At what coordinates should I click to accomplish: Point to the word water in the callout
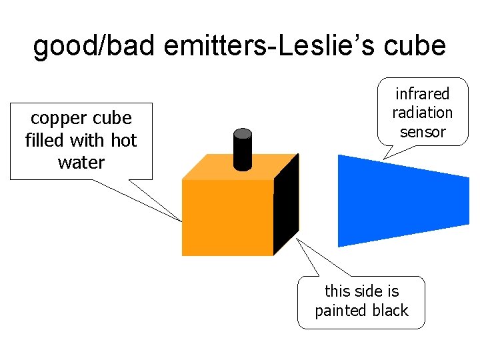coord(81,162)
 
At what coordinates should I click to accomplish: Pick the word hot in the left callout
coord(124,141)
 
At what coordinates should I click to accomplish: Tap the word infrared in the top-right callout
coord(423,93)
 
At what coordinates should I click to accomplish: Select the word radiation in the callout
coord(423,112)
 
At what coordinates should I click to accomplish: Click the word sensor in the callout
coord(423,131)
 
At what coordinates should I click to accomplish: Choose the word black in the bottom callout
coord(389,311)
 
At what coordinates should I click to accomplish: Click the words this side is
coord(361,291)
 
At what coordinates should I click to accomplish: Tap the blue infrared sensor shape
coord(400,200)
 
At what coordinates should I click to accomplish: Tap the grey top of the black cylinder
coord(243,133)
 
